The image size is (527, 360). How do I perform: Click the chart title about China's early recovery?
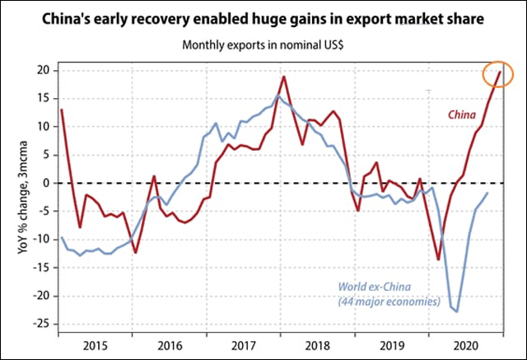pyautogui.click(x=263, y=17)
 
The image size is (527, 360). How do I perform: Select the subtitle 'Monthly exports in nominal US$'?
pyautogui.click(x=263, y=46)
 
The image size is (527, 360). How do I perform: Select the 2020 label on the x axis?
pyautogui.click(x=467, y=345)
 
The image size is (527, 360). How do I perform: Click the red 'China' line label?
pyautogui.click(x=465, y=115)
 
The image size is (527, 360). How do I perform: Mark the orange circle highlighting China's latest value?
pyautogui.click(x=498, y=73)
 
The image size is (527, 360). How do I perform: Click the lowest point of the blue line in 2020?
pyautogui.click(x=457, y=311)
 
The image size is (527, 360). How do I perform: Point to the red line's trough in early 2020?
pyautogui.click(x=438, y=259)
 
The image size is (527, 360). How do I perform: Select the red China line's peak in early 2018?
pyautogui.click(x=283, y=77)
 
